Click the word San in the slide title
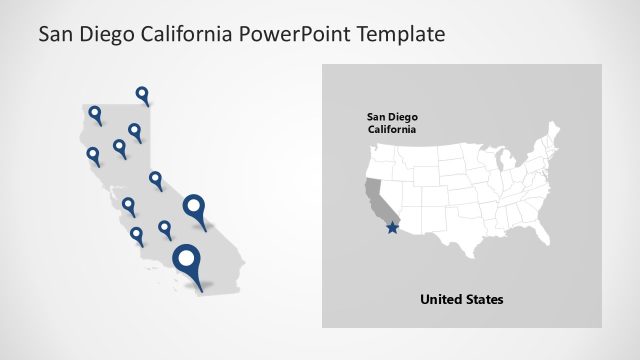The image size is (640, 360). pos(56,34)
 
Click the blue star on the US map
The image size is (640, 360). pos(391,229)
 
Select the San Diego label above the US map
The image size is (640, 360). pos(391,117)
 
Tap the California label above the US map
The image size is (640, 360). pos(391,130)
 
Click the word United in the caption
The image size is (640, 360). pos(441,299)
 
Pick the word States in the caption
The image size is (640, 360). pos(485,299)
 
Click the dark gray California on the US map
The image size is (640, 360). pos(375,196)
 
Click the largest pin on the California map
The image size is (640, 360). pos(186,263)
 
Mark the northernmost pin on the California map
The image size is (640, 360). pos(143,95)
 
